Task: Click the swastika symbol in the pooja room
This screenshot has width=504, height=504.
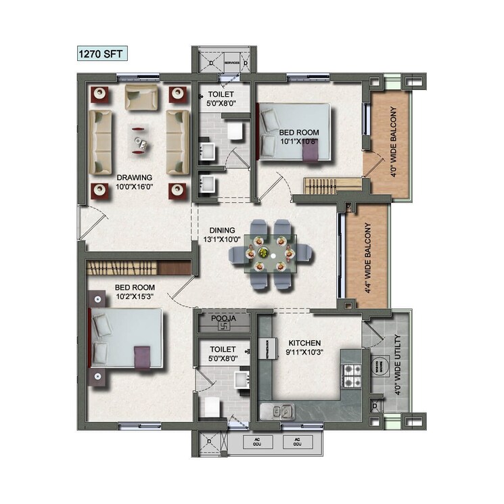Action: (x=223, y=327)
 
